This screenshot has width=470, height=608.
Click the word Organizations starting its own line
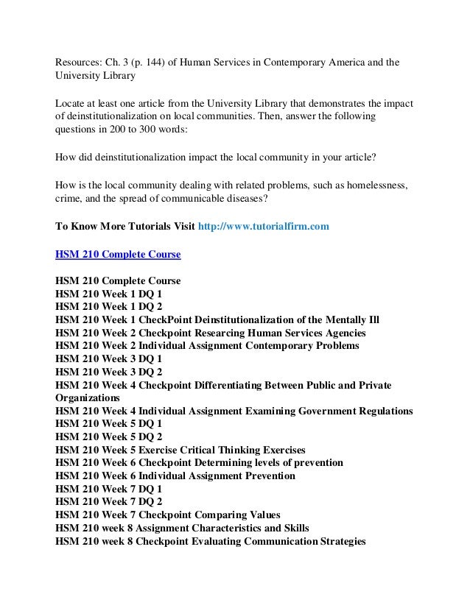click(90, 398)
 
